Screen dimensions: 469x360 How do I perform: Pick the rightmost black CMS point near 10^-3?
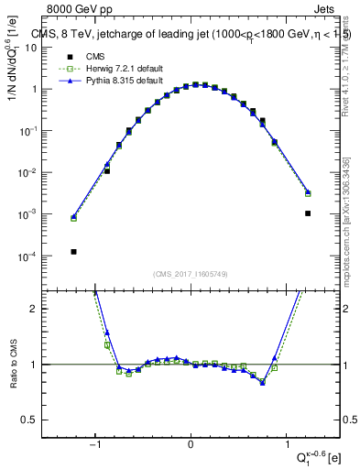point(308,213)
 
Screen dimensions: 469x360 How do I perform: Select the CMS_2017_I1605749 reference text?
point(191,274)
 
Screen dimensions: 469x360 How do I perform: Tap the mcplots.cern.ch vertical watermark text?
point(345,220)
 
